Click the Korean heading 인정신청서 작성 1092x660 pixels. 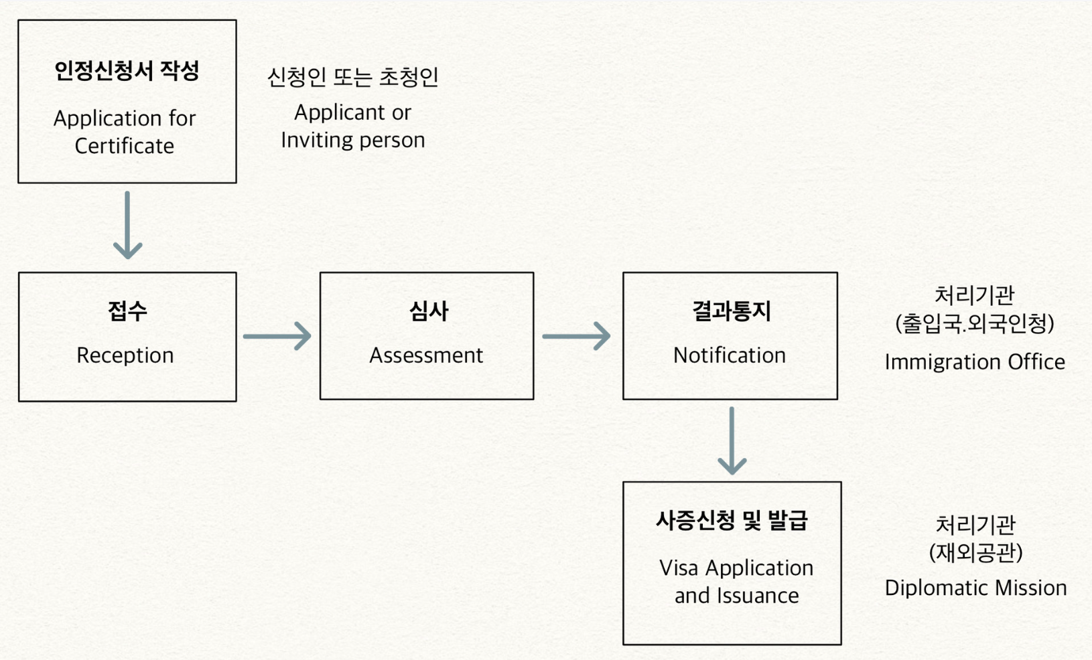[127, 71]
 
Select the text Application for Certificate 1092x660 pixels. [125, 132]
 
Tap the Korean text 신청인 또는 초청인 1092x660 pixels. [352, 77]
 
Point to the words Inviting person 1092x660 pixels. [352, 140]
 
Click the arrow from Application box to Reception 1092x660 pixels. [127, 226]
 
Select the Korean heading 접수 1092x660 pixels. [127, 311]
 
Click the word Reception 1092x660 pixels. [125, 355]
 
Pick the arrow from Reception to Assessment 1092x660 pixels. [277, 336]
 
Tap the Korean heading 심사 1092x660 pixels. [428, 311]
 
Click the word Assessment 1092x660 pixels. [426, 355]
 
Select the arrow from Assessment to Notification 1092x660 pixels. [576, 336]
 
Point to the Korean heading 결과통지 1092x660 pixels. [731, 311]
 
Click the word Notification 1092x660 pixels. [730, 355]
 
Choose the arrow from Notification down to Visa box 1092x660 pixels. [732, 441]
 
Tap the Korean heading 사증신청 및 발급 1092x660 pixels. [732, 520]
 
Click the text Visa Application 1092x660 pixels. [736, 568]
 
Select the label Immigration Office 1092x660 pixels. [975, 362]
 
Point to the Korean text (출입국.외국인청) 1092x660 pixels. [975, 324]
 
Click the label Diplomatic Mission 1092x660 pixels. [975, 588]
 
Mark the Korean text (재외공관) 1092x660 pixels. [975, 553]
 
